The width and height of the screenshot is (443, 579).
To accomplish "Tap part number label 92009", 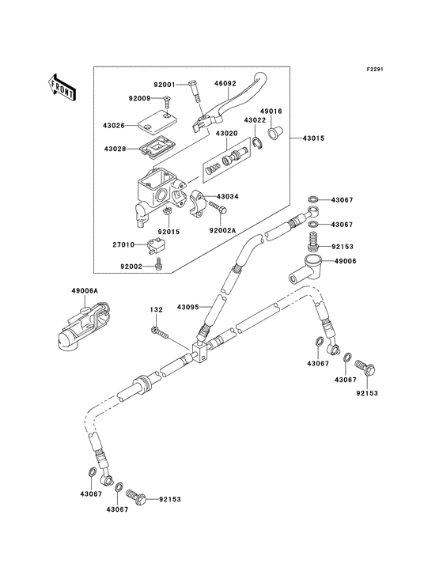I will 140,99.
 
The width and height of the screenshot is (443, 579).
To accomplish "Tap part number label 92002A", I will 223,231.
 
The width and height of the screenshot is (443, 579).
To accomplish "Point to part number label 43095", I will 189,306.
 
